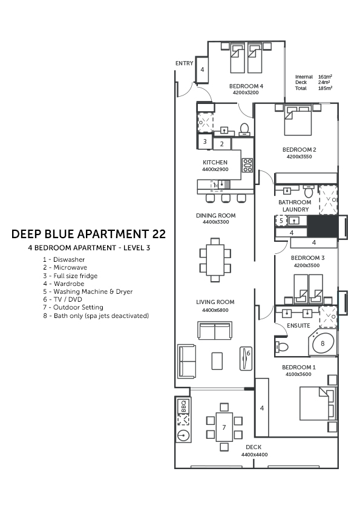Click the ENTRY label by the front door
[x=184, y=63]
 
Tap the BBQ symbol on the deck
[x=183, y=406]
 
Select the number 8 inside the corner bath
[x=322, y=343]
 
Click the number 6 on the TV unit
[x=249, y=353]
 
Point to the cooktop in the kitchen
[x=247, y=165]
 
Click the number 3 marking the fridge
[x=205, y=141]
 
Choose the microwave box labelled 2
[x=222, y=144]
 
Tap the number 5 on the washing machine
[x=281, y=221]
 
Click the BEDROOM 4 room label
[x=246, y=86]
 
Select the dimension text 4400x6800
[x=215, y=310]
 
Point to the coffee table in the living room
[x=217, y=361]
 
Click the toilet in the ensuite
[x=281, y=347]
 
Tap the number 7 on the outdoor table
[x=224, y=427]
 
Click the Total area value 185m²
[x=325, y=88]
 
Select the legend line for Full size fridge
[x=70, y=276]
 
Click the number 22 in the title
[x=159, y=234]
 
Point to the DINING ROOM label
[x=216, y=215]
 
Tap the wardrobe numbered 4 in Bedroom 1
[x=262, y=407]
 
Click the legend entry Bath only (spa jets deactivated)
[x=96, y=316]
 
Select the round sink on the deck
[x=183, y=435]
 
